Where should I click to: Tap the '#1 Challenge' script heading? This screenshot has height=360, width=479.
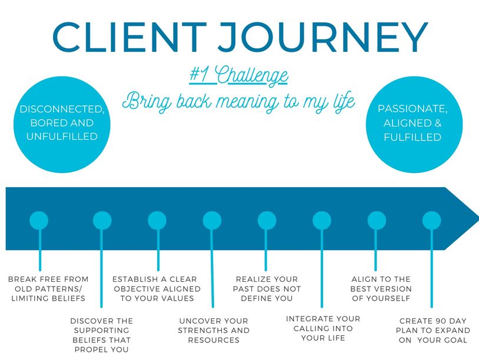[x=239, y=76]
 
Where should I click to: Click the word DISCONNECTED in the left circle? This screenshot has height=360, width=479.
[x=62, y=109]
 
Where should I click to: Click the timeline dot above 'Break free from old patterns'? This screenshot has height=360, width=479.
[x=39, y=221]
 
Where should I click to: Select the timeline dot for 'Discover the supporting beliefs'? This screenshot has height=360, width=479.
[x=102, y=221]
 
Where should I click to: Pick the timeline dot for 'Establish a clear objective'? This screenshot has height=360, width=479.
[x=157, y=221]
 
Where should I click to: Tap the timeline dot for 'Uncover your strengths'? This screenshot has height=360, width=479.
[x=212, y=221]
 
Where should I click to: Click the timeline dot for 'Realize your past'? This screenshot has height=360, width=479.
[x=267, y=221]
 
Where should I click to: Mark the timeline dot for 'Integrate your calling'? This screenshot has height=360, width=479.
[x=321, y=221]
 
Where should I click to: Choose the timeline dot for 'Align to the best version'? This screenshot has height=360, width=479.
[x=377, y=221]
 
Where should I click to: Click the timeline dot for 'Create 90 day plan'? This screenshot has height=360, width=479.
[x=431, y=221]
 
